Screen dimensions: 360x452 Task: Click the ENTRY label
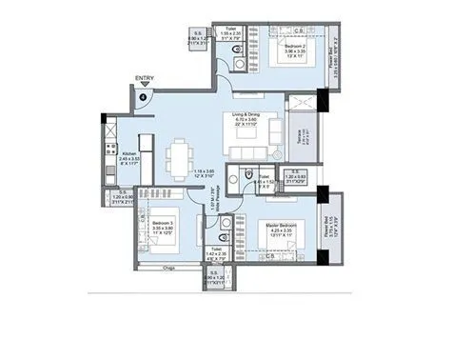145,79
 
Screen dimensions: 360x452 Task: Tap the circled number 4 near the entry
144,95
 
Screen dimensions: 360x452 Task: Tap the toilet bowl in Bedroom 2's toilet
242,64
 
